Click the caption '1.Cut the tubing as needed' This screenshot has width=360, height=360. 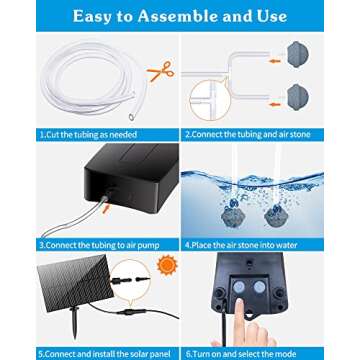(x=88, y=132)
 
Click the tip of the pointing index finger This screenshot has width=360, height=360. (x=258, y=318)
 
